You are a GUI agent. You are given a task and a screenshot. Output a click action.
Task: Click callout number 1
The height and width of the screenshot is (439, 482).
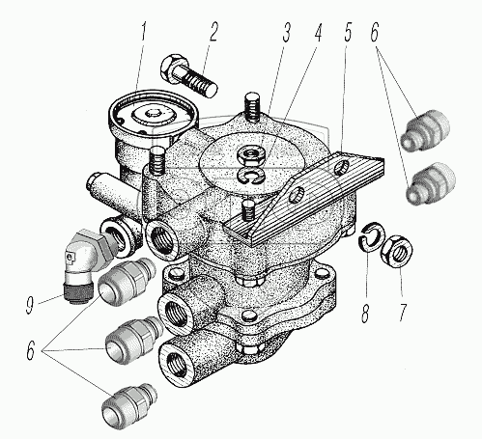click(143, 34)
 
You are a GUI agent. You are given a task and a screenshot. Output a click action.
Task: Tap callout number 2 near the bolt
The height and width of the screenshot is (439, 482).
click(213, 32)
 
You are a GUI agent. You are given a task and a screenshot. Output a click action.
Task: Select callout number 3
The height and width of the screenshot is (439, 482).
click(286, 32)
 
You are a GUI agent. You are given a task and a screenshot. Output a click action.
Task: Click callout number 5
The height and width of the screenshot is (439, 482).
click(347, 32)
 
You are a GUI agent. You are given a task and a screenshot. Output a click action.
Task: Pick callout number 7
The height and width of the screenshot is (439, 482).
click(403, 312)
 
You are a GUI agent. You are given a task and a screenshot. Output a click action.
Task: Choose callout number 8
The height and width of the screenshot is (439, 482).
click(365, 313)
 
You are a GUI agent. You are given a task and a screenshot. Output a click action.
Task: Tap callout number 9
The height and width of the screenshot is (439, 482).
click(30, 304)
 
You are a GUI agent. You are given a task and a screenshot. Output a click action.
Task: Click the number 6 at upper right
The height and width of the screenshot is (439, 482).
click(374, 32)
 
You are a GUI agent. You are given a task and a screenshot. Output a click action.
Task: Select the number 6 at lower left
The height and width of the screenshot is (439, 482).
click(30, 350)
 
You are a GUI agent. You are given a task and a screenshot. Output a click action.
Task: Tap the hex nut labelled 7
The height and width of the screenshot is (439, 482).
click(397, 251)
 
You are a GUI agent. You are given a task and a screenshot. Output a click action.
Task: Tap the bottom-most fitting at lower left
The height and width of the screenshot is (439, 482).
click(128, 403)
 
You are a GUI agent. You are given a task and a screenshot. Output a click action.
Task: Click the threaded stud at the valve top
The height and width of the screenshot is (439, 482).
click(252, 107)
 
